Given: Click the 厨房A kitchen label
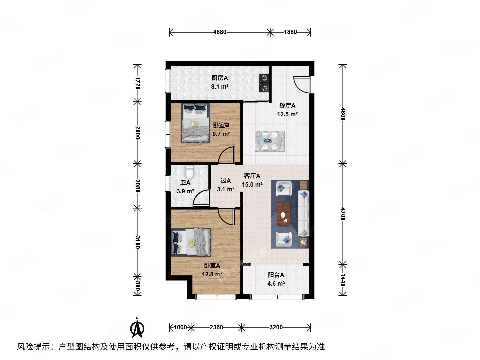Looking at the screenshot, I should point(220,78).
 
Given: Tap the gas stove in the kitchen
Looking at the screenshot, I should point(264,83).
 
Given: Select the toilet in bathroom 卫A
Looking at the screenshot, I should point(190,172).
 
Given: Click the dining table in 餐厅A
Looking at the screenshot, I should point(270,141).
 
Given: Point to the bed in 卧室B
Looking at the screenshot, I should point(195,123).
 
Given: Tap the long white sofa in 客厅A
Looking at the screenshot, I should point(303,213).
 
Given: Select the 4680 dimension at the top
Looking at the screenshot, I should point(220,32).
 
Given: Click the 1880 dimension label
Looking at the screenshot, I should point(290,32).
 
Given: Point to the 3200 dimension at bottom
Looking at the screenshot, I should point(276,327).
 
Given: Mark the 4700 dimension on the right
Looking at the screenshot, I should point(343,214).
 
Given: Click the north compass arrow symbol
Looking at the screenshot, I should point(137,328).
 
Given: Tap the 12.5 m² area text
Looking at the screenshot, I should point(287,114).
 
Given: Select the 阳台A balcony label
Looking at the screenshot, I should point(276,275).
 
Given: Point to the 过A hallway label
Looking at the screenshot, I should point(225,181).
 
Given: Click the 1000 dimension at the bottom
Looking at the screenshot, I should point(180,327).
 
